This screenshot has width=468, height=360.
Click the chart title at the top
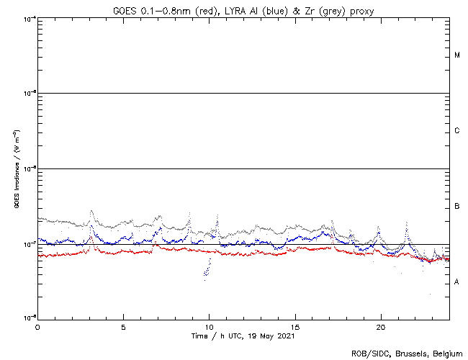[244, 9]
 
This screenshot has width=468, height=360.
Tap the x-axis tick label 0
[37, 326]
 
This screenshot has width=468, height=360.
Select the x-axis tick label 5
[123, 326]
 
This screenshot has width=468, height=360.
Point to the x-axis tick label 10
[209, 326]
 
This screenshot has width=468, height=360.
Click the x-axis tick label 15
[295, 326]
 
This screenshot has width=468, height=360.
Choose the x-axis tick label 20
[381, 326]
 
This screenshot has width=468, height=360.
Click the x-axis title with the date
[244, 336]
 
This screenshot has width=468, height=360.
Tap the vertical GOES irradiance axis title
[16, 170]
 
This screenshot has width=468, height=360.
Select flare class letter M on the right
[457, 55]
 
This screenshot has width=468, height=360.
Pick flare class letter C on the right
[457, 131]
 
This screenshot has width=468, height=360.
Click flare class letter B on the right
[457, 207]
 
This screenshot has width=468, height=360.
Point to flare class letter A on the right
[457, 282]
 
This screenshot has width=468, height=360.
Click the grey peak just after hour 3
[91, 212]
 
